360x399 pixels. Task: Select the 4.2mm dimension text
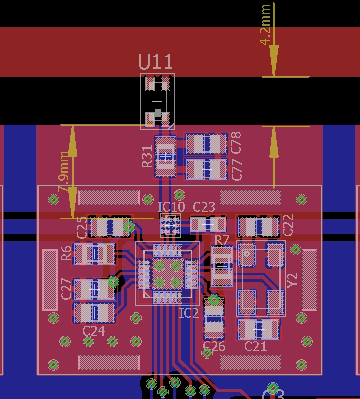pyautogui.click(x=265, y=24)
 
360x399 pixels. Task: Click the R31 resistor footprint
pyautogui.click(x=165, y=156)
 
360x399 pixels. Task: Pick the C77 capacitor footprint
pyautogui.click(x=206, y=169)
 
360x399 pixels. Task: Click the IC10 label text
pyautogui.click(x=171, y=207)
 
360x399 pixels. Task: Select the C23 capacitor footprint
pyautogui.click(x=208, y=224)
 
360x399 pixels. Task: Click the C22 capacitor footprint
pyautogui.click(x=258, y=227)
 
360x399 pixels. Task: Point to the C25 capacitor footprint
pyautogui.click(x=109, y=227)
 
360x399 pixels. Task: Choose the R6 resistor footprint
pyautogui.click(x=94, y=254)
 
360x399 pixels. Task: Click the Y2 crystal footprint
pyautogui.click(x=261, y=278)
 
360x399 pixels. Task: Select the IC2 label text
pyautogui.click(x=189, y=313)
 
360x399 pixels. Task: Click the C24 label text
pyautogui.click(x=94, y=331)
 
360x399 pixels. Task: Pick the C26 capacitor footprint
pyautogui.click(x=214, y=318)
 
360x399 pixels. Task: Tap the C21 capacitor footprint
pyautogui.click(x=258, y=329)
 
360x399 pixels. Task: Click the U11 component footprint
pyautogui.click(x=157, y=101)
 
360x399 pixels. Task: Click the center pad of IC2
pyautogui.click(x=168, y=274)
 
